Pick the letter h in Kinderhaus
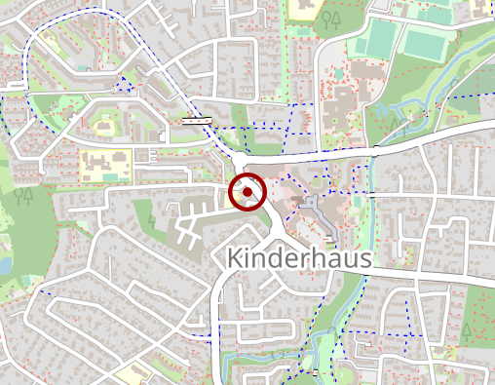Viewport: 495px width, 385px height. click(x=311, y=257)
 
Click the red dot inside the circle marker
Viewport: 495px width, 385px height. click(x=248, y=193)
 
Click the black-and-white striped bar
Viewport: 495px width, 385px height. click(x=197, y=121)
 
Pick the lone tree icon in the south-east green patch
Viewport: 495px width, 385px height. click(x=468, y=332)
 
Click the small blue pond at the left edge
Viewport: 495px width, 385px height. click(x=4, y=263)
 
